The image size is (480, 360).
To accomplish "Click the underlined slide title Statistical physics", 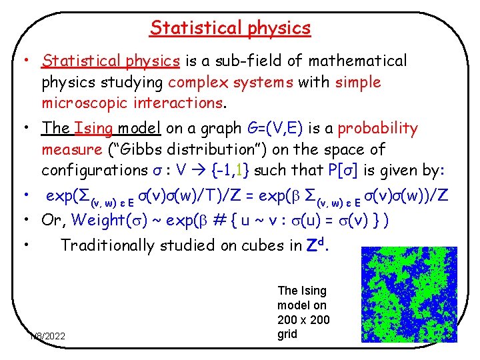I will pyautogui.click(x=230, y=28).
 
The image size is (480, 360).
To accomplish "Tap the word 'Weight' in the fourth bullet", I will pyautogui.click(x=98, y=219).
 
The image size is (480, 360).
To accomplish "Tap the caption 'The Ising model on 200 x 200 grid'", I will pyautogui.click(x=303, y=312).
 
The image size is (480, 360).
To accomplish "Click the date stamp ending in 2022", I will pyautogui.click(x=47, y=335).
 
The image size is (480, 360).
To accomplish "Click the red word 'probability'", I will pyautogui.click(x=380, y=128).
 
